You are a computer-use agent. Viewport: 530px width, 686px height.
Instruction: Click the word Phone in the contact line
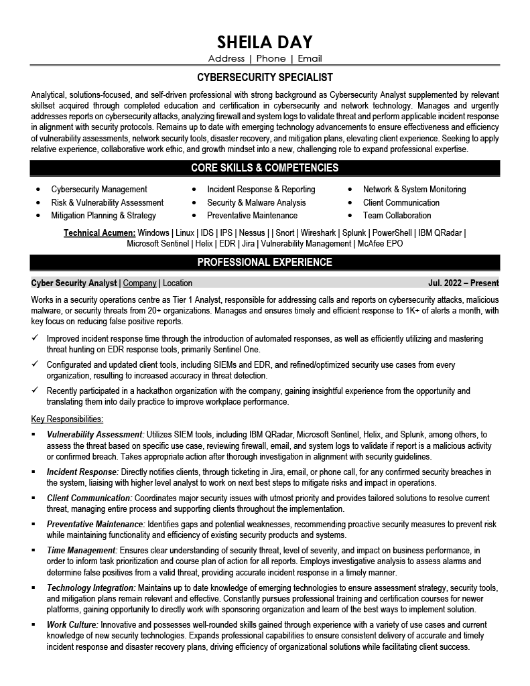(x=271, y=59)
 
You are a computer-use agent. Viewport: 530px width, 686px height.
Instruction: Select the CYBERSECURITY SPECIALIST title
(x=265, y=78)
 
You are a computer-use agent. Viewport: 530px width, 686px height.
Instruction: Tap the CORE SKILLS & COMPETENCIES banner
(x=265, y=167)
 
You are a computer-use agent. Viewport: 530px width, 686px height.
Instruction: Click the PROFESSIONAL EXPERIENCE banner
(x=265, y=262)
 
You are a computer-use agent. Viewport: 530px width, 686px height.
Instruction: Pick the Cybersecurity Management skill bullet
(x=99, y=190)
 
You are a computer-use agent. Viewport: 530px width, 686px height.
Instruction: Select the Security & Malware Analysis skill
(x=256, y=202)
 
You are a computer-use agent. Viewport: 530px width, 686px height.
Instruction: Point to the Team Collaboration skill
(x=397, y=215)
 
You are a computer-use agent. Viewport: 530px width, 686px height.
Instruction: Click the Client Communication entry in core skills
(x=401, y=202)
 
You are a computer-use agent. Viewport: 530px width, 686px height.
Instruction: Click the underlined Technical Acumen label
(x=99, y=232)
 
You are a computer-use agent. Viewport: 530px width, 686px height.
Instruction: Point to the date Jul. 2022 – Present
(x=463, y=283)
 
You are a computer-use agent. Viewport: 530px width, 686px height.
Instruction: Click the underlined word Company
(x=139, y=283)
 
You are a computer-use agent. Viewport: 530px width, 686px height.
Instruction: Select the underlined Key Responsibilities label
(x=67, y=419)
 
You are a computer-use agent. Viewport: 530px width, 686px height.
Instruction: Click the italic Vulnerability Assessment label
(x=95, y=434)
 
